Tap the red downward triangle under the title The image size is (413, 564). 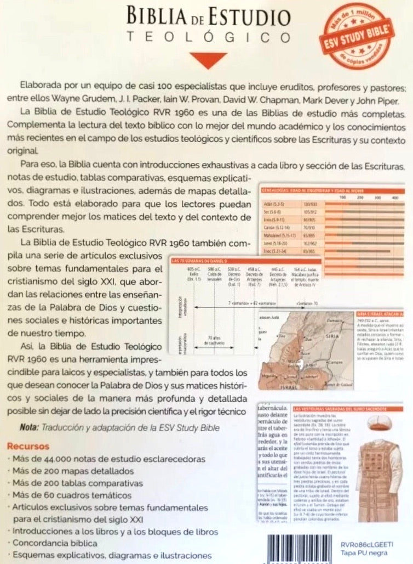206,60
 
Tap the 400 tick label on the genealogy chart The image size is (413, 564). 395,196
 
